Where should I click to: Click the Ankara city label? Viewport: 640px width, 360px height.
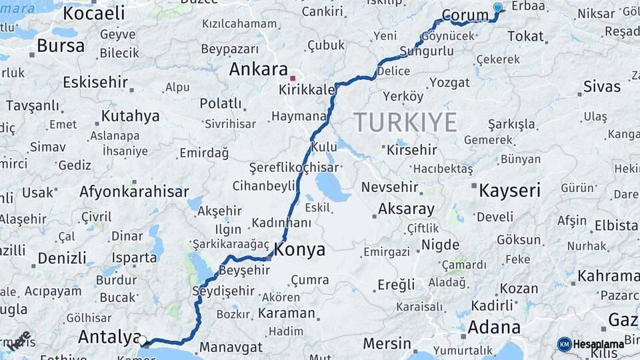(259, 69)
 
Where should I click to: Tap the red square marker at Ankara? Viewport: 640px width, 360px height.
(292, 77)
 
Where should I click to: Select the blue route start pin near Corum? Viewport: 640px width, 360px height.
(497, 8)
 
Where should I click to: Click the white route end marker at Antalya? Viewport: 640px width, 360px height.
(142, 341)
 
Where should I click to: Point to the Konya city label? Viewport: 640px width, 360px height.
(299, 250)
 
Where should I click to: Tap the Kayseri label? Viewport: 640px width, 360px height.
(509, 191)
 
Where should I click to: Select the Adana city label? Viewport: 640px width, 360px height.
(494, 327)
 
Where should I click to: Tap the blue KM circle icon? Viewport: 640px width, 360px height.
(564, 344)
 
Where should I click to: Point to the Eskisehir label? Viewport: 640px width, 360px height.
(95, 82)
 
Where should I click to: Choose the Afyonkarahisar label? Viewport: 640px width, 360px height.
(134, 191)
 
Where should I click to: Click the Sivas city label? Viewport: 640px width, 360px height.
(601, 86)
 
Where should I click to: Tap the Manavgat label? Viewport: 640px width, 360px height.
(231, 347)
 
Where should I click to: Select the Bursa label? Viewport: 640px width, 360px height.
(61, 45)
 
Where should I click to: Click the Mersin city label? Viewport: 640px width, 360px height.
(387, 343)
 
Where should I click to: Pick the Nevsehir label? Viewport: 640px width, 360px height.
(389, 187)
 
